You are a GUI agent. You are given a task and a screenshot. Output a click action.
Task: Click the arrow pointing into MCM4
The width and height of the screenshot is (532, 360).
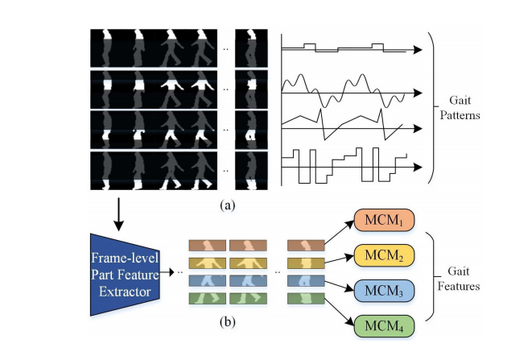[x=338, y=313]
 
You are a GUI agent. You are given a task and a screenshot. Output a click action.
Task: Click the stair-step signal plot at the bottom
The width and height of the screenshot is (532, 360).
[x=346, y=165]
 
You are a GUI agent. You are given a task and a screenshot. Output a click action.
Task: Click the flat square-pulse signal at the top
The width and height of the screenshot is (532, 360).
[x=346, y=48]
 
